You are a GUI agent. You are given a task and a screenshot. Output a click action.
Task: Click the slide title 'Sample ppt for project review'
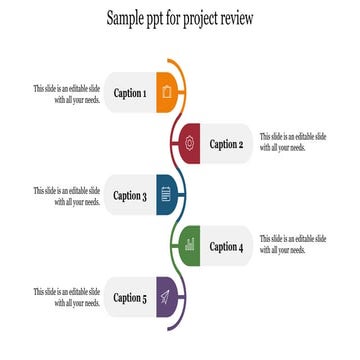[x=180, y=19]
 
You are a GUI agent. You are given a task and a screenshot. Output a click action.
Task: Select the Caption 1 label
[x=130, y=94]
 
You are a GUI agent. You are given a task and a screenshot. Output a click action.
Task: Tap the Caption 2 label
[x=226, y=144]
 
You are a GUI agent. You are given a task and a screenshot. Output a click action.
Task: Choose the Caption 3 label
[x=130, y=196]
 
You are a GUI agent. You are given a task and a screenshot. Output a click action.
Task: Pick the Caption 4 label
[x=226, y=246]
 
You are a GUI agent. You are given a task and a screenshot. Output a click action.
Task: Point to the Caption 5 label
[x=130, y=297]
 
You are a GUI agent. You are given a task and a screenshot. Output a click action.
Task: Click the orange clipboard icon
[x=166, y=93]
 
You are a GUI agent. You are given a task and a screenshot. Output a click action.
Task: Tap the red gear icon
[x=190, y=144]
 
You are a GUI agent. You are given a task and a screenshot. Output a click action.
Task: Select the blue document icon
[x=166, y=195]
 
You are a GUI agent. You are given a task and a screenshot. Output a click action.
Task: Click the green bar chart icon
[x=190, y=245]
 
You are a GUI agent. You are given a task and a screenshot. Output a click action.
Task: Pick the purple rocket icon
[x=166, y=296]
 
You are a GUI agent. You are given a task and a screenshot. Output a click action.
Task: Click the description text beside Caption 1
[x=66, y=94]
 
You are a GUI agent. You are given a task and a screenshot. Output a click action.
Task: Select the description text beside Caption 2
[x=292, y=143]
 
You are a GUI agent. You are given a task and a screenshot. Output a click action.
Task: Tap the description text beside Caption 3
[x=66, y=196]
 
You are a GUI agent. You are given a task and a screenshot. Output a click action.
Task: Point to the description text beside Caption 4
[x=292, y=245]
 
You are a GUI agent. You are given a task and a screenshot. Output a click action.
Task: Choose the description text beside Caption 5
[x=66, y=297]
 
